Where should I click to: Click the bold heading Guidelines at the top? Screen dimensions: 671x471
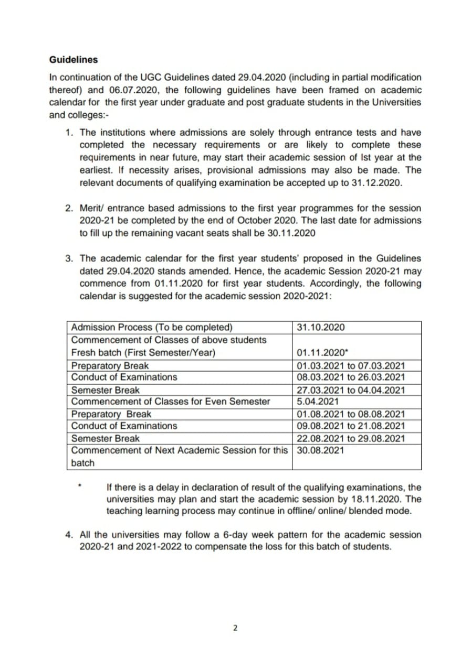pos(73,60)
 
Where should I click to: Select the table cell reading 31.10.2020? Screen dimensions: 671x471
pos(320,328)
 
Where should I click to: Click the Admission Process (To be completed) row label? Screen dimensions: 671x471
pos(152,328)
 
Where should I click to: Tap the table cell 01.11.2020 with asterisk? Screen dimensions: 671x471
pos(322,353)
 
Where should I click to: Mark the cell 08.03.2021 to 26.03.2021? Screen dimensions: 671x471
pos(350,377)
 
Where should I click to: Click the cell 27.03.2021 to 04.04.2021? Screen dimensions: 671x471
pos(350,390)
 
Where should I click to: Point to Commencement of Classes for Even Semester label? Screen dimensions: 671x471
pos(170,402)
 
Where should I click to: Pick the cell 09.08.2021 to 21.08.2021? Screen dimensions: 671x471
pos(350,426)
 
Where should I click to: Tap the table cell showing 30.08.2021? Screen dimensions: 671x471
pos(320,450)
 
